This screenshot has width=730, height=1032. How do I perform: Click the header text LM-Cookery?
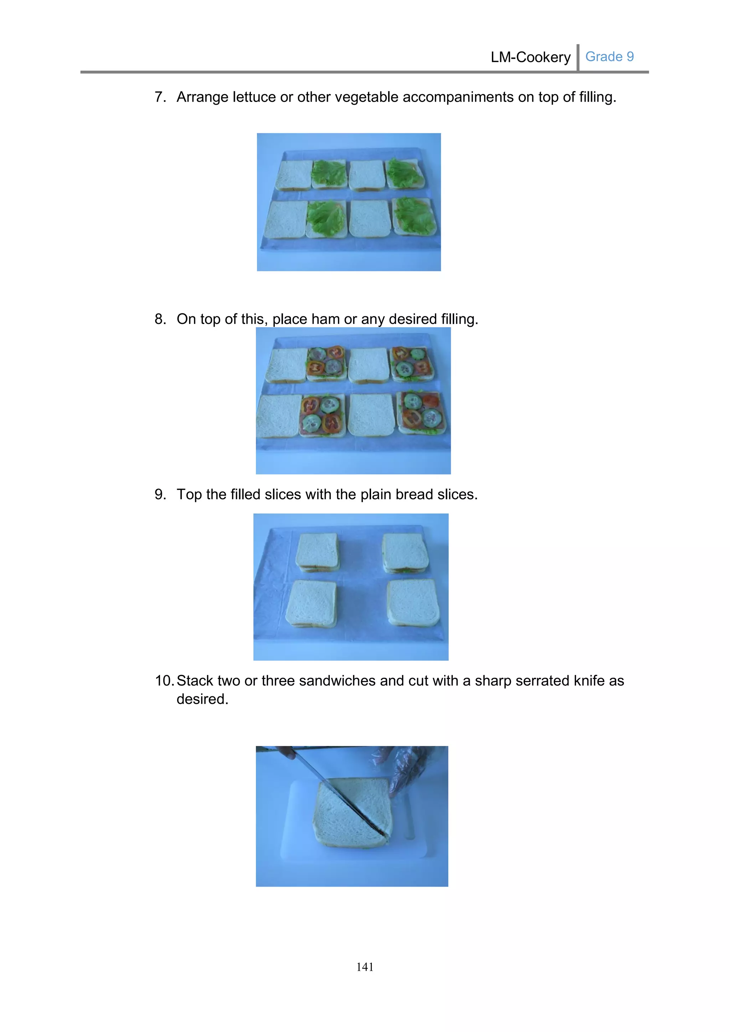[x=530, y=57]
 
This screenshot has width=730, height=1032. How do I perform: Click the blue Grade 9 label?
[x=609, y=57]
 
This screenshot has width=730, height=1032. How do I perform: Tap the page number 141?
[x=365, y=967]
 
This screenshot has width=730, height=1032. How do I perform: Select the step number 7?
[x=160, y=97]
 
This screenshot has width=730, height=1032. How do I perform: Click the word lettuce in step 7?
[x=254, y=97]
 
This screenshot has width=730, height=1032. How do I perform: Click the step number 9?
[x=160, y=494]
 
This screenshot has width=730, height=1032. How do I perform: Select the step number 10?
[x=164, y=681]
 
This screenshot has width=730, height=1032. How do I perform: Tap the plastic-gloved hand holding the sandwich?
[x=407, y=767]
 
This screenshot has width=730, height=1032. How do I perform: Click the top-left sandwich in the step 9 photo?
[x=317, y=552]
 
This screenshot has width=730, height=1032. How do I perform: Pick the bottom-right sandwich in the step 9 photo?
[x=413, y=602]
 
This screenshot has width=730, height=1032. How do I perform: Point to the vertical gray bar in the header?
[x=578, y=57]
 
